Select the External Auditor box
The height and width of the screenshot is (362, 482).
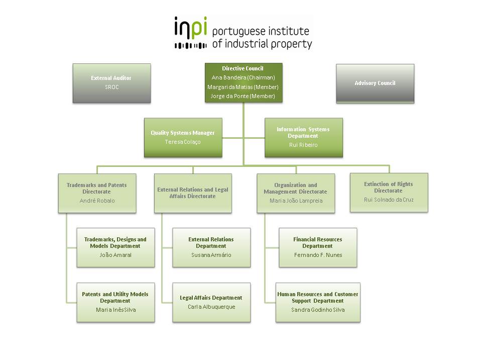111,83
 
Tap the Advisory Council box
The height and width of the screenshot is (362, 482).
375,83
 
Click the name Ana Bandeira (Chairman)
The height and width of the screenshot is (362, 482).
243,77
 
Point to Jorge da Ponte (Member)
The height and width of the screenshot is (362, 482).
243,96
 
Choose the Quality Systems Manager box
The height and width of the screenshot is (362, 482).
183,138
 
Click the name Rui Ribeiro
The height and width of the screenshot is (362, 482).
303,145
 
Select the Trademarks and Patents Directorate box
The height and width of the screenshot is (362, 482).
97,193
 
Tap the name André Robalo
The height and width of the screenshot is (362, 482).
97,201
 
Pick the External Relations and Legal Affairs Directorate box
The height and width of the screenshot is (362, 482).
193,193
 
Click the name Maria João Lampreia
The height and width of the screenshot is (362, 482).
296,201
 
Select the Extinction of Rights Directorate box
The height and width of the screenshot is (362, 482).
389,193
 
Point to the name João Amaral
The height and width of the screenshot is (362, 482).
115,255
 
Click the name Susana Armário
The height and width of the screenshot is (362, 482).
211,255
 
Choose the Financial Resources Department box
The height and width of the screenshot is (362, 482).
318,247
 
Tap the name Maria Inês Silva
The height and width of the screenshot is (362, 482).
116,310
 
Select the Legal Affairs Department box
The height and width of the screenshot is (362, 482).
211,302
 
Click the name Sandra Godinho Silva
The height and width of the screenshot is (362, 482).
318,310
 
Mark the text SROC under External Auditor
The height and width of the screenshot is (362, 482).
111,87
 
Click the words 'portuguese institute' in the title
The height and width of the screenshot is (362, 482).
261,31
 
